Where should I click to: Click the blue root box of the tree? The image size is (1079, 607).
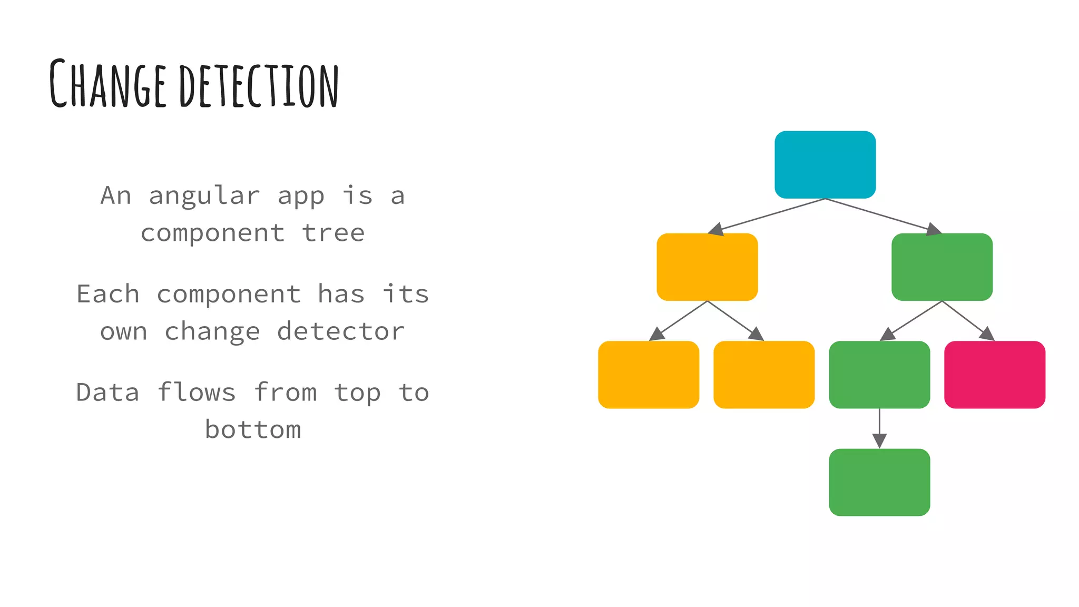(825, 164)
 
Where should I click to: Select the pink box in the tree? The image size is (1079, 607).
(994, 374)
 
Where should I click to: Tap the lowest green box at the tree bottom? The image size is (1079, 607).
(879, 482)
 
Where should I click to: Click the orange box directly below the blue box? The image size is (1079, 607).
(707, 267)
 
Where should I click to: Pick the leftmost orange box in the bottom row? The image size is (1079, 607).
(649, 374)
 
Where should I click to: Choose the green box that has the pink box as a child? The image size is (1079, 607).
(942, 267)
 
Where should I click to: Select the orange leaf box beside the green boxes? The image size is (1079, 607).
(764, 374)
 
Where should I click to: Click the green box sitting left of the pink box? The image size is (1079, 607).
(879, 374)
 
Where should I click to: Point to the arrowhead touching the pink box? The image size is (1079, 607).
(987, 334)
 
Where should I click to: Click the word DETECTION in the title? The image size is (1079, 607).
(259, 85)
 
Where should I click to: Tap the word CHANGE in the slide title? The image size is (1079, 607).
(108, 84)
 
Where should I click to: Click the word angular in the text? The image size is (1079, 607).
(204, 196)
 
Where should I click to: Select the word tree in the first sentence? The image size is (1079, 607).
(333, 233)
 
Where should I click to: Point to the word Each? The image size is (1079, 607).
(108, 294)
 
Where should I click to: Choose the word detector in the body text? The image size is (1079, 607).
(341, 331)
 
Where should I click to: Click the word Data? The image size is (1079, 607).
(107, 393)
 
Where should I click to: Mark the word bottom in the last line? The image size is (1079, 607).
(253, 430)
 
